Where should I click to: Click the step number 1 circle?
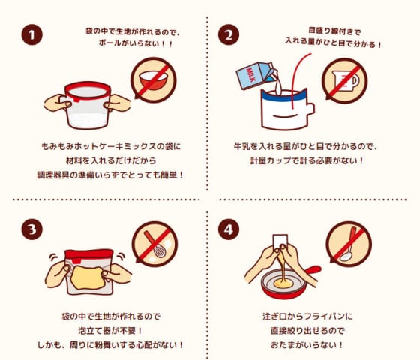[31, 34]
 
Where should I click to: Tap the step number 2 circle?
[229, 34]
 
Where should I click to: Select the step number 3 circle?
[31, 229]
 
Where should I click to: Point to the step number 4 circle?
[229, 229]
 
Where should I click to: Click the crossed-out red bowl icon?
[154, 79]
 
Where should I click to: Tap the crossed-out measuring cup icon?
[345, 81]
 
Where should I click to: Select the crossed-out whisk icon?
[154, 244]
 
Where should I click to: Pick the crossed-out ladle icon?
[349, 244]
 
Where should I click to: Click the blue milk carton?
[256, 75]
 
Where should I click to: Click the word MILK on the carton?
[251, 75]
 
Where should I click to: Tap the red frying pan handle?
[313, 269]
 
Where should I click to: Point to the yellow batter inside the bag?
[88, 277]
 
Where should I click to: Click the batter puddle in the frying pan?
[283, 283]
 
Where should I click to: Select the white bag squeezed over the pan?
[280, 241]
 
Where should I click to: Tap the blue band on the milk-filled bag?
[284, 97]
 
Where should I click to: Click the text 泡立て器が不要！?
[110, 331]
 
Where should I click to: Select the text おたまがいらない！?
[307, 345]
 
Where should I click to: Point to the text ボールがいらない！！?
[136, 43]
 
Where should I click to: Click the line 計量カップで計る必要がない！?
[307, 160]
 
